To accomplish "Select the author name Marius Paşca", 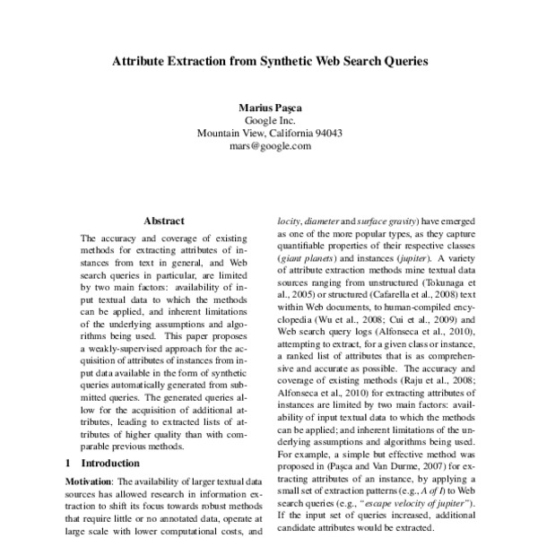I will (269, 107).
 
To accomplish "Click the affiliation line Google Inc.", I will (269, 120).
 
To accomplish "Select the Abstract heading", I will (163, 221).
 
